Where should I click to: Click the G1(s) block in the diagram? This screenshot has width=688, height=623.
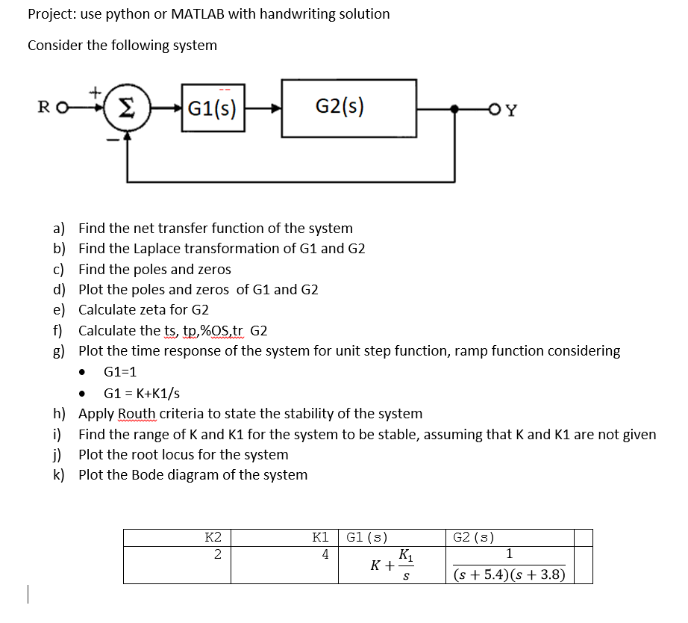tap(213, 109)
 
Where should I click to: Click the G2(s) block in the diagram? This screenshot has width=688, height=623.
tap(348, 108)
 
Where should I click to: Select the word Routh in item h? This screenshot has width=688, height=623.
tap(137, 413)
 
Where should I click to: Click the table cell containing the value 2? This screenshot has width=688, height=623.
tap(216, 554)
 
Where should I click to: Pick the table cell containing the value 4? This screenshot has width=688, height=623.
tap(325, 554)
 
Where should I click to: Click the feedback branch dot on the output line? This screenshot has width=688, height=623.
tap(456, 110)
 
